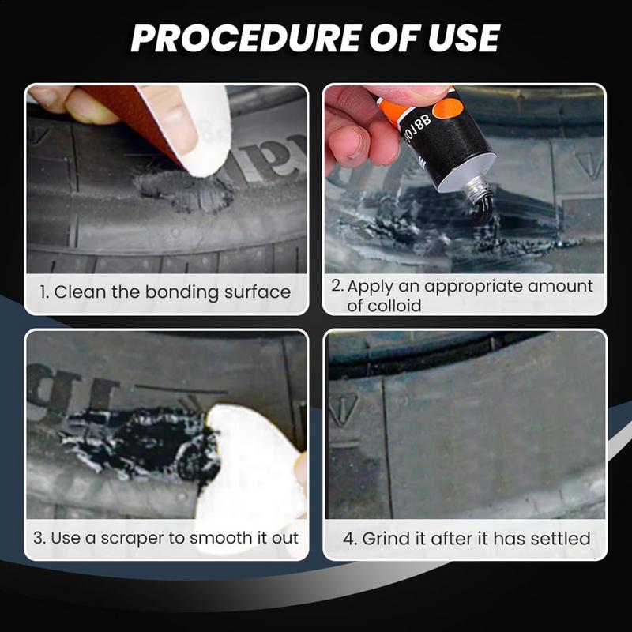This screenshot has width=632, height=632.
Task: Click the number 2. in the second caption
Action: [337, 286]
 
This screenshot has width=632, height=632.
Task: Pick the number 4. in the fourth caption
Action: [351, 538]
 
